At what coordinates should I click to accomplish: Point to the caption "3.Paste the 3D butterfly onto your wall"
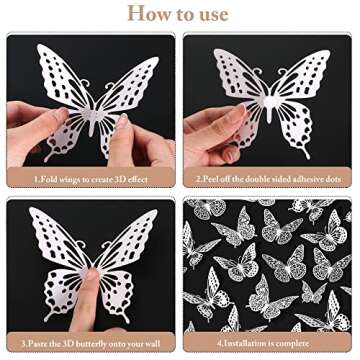[90, 346]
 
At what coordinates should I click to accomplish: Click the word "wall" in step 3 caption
[155, 346]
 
